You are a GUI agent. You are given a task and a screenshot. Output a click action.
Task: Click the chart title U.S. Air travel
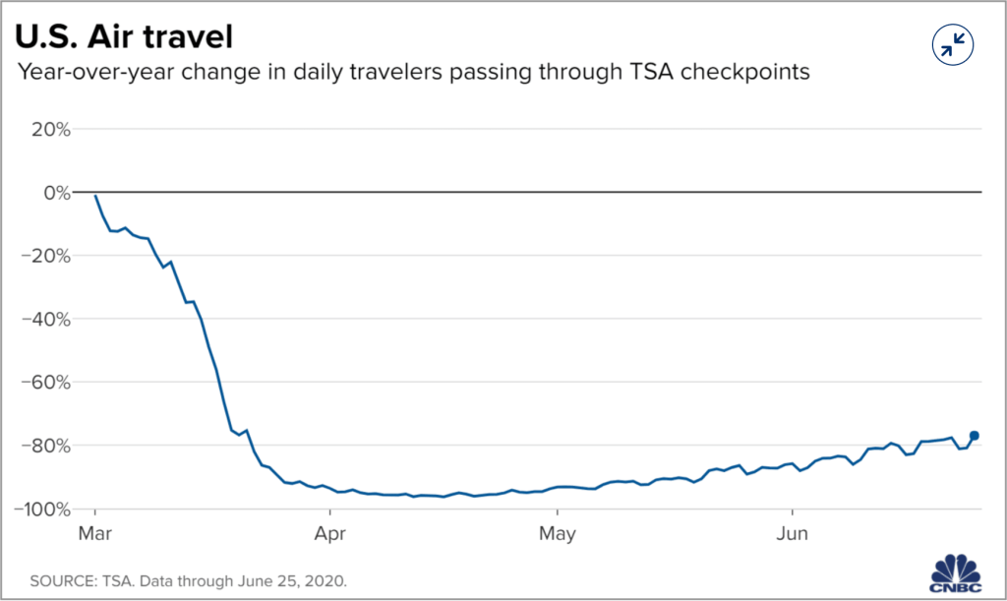(123, 38)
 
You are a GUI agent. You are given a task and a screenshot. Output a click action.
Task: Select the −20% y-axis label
(45, 256)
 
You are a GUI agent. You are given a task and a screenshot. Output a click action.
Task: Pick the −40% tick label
(45, 319)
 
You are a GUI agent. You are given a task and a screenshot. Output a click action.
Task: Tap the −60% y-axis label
(45, 382)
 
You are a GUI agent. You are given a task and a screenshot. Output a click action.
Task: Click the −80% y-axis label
(45, 446)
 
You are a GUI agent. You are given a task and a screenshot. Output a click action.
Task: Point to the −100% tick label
(41, 509)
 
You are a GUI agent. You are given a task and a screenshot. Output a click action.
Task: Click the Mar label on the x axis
(94, 535)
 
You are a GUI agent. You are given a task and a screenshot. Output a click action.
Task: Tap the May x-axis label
(557, 535)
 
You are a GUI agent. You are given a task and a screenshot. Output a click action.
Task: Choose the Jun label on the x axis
(792, 535)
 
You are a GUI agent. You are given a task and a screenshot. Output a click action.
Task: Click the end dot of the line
(975, 436)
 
